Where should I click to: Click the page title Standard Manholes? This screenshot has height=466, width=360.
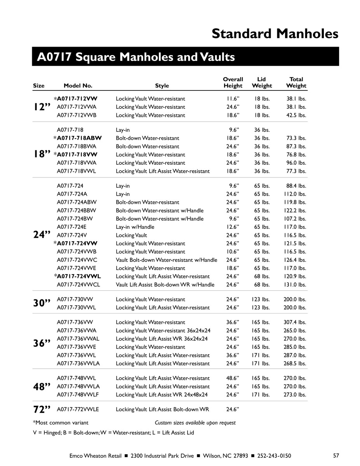click(x=275, y=34)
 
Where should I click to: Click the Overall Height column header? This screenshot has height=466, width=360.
click(x=233, y=82)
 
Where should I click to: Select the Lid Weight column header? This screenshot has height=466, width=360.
click(x=262, y=82)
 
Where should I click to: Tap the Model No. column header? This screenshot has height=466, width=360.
click(x=78, y=86)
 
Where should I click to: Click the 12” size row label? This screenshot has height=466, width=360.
click(x=42, y=107)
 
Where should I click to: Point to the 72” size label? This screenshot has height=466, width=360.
click(x=42, y=409)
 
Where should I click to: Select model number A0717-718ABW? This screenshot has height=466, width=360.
click(x=79, y=138)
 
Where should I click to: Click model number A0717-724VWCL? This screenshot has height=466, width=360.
click(x=78, y=285)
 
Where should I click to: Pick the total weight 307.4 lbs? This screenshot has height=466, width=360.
click(x=296, y=322)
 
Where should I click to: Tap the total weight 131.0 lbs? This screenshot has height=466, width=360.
click(x=296, y=285)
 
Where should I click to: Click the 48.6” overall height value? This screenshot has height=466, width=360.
click(x=233, y=378)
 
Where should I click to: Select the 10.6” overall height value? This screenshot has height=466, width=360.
click(x=233, y=252)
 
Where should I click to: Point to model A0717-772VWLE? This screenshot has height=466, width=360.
click(x=78, y=409)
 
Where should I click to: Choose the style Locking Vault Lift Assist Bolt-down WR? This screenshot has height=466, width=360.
click(x=162, y=409)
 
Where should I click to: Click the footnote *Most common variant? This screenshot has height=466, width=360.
click(x=61, y=423)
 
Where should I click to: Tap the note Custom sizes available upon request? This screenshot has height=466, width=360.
click(x=195, y=423)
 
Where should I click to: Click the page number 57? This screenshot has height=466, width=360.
click(x=336, y=456)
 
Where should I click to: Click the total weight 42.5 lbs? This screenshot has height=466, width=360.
click(x=297, y=115)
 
